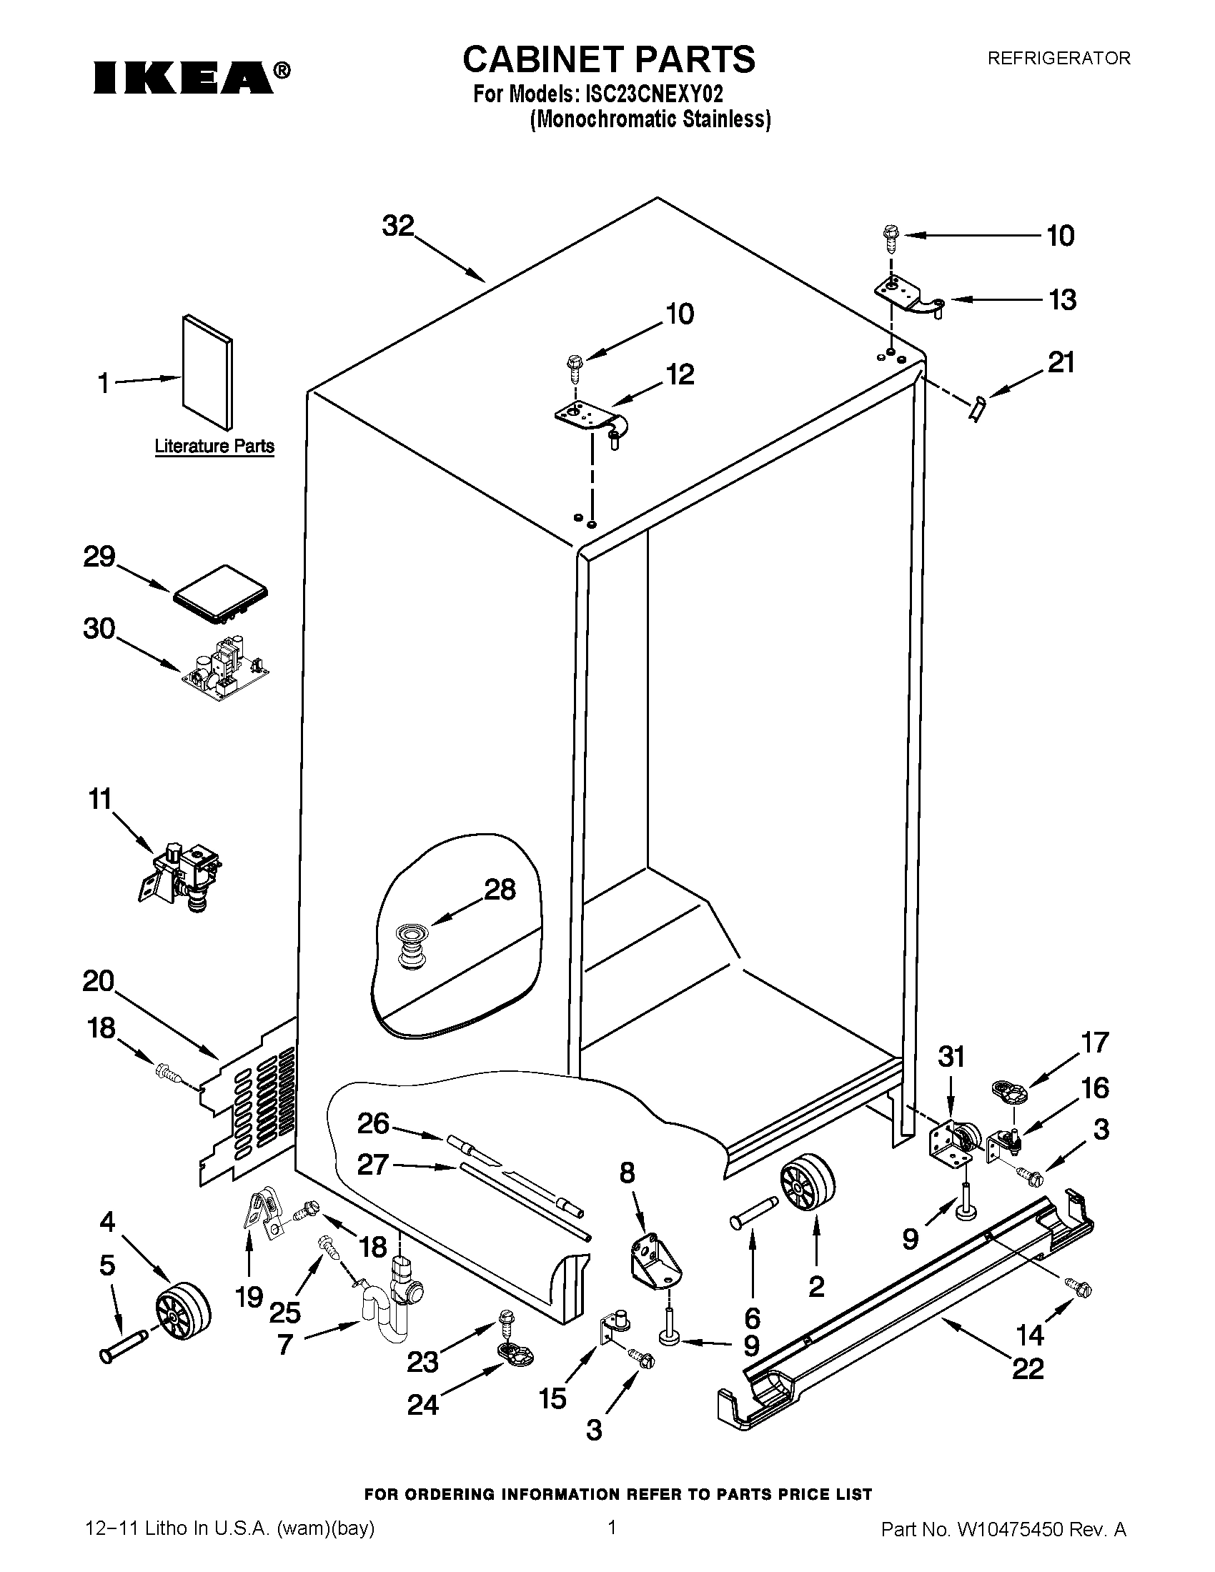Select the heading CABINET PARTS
click(608, 59)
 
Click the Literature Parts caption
click(214, 447)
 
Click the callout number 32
click(398, 226)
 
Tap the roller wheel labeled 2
click(806, 1188)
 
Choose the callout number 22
click(1027, 1368)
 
